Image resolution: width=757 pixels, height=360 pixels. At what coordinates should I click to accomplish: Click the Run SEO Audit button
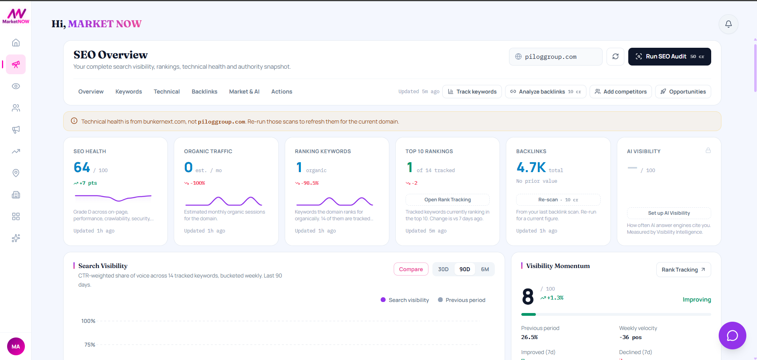[669, 56]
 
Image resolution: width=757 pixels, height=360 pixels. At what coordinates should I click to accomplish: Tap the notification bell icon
[729, 24]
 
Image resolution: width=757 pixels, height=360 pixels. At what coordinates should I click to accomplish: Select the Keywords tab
[129, 92]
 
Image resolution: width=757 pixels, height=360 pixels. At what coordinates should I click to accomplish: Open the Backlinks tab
[205, 92]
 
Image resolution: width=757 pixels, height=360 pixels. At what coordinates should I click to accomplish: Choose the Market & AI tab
[244, 92]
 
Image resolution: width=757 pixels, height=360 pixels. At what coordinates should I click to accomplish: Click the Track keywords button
[472, 92]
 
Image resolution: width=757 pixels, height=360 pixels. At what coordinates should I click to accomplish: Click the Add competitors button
[621, 92]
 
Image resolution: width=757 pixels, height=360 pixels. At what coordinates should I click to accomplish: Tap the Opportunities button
[683, 92]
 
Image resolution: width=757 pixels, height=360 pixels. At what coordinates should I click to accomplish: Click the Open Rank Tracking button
[447, 200]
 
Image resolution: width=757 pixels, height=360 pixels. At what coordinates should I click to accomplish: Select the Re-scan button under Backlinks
[558, 200]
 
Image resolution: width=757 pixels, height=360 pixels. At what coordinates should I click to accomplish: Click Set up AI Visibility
[669, 213]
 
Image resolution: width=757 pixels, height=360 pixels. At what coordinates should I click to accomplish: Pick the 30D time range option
[443, 269]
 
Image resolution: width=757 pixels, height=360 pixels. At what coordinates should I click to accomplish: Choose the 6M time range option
[485, 269]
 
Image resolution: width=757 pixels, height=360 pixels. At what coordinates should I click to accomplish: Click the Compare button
[411, 269]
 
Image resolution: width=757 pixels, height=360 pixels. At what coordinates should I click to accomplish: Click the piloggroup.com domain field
[556, 56]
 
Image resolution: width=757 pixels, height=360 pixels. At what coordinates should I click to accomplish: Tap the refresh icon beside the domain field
[616, 56]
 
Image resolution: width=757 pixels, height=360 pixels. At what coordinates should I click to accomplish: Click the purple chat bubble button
[733, 336]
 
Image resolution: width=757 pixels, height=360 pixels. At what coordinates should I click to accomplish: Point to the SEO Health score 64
[82, 167]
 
